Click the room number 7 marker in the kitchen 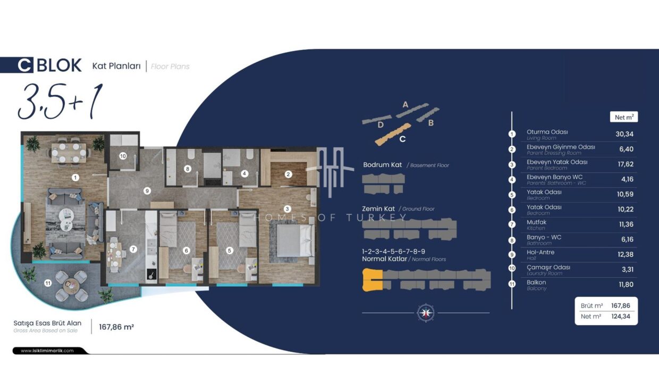pyautogui.click(x=133, y=249)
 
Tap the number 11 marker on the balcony pyautogui.click(x=48, y=283)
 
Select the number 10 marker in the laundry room pyautogui.click(x=123, y=156)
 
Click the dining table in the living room pyautogui.click(x=69, y=153)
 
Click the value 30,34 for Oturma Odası pyautogui.click(x=624, y=134)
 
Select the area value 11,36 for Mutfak pyautogui.click(x=626, y=224)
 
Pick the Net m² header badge pyautogui.click(x=624, y=117)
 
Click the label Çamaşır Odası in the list pyautogui.click(x=548, y=268)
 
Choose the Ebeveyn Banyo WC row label pyautogui.click(x=554, y=177)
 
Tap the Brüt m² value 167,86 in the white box pyautogui.click(x=620, y=305)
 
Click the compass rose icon pyautogui.click(x=426, y=312)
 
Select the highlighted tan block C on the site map pyautogui.click(x=392, y=134)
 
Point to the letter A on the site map pyautogui.click(x=405, y=104)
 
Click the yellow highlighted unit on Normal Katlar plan pyautogui.click(x=372, y=280)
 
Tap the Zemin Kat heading pyautogui.click(x=378, y=209)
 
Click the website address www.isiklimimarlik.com pyautogui.click(x=47, y=351)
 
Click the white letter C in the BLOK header pyautogui.click(x=24, y=65)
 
